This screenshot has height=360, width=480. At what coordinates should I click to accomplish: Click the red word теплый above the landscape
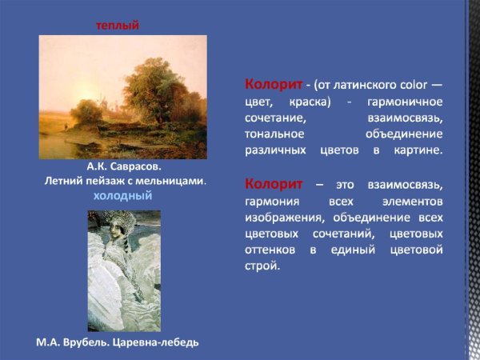[118, 26]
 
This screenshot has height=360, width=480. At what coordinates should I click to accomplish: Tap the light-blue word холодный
[122, 195]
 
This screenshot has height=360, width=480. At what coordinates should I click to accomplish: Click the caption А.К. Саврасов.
[124, 168]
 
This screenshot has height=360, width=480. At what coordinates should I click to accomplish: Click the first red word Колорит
[274, 84]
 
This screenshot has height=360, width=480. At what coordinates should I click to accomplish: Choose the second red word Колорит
[274, 184]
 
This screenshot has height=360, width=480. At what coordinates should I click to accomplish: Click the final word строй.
[263, 266]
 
